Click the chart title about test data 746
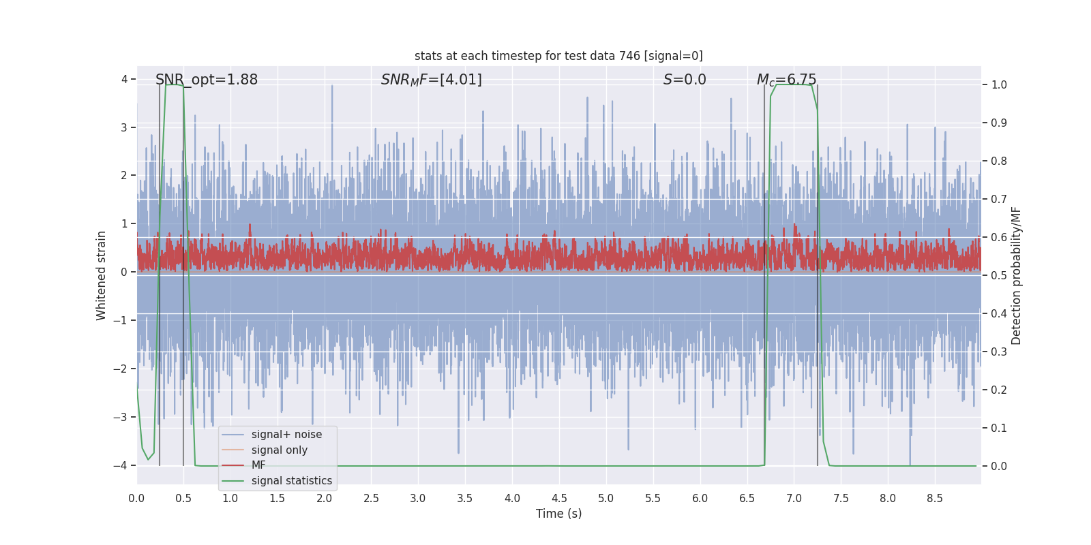click(x=558, y=56)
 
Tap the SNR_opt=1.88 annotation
click(x=207, y=80)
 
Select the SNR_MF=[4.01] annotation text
click(x=431, y=80)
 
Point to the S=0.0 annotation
click(x=685, y=80)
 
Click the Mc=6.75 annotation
click(x=786, y=80)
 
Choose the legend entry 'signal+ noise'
click(x=286, y=435)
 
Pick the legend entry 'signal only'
click(x=279, y=450)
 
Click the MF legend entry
click(x=258, y=465)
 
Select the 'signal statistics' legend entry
click(x=291, y=481)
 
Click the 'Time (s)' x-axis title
click(x=558, y=514)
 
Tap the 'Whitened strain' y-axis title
click(x=102, y=275)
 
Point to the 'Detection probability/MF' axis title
click(x=1016, y=275)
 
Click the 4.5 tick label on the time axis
click(x=559, y=499)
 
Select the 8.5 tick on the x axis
click(x=935, y=499)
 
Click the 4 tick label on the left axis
click(x=124, y=80)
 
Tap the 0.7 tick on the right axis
click(x=999, y=200)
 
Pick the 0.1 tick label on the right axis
click(x=999, y=429)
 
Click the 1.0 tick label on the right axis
click(x=999, y=85)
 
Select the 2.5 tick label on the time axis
click(x=371, y=499)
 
